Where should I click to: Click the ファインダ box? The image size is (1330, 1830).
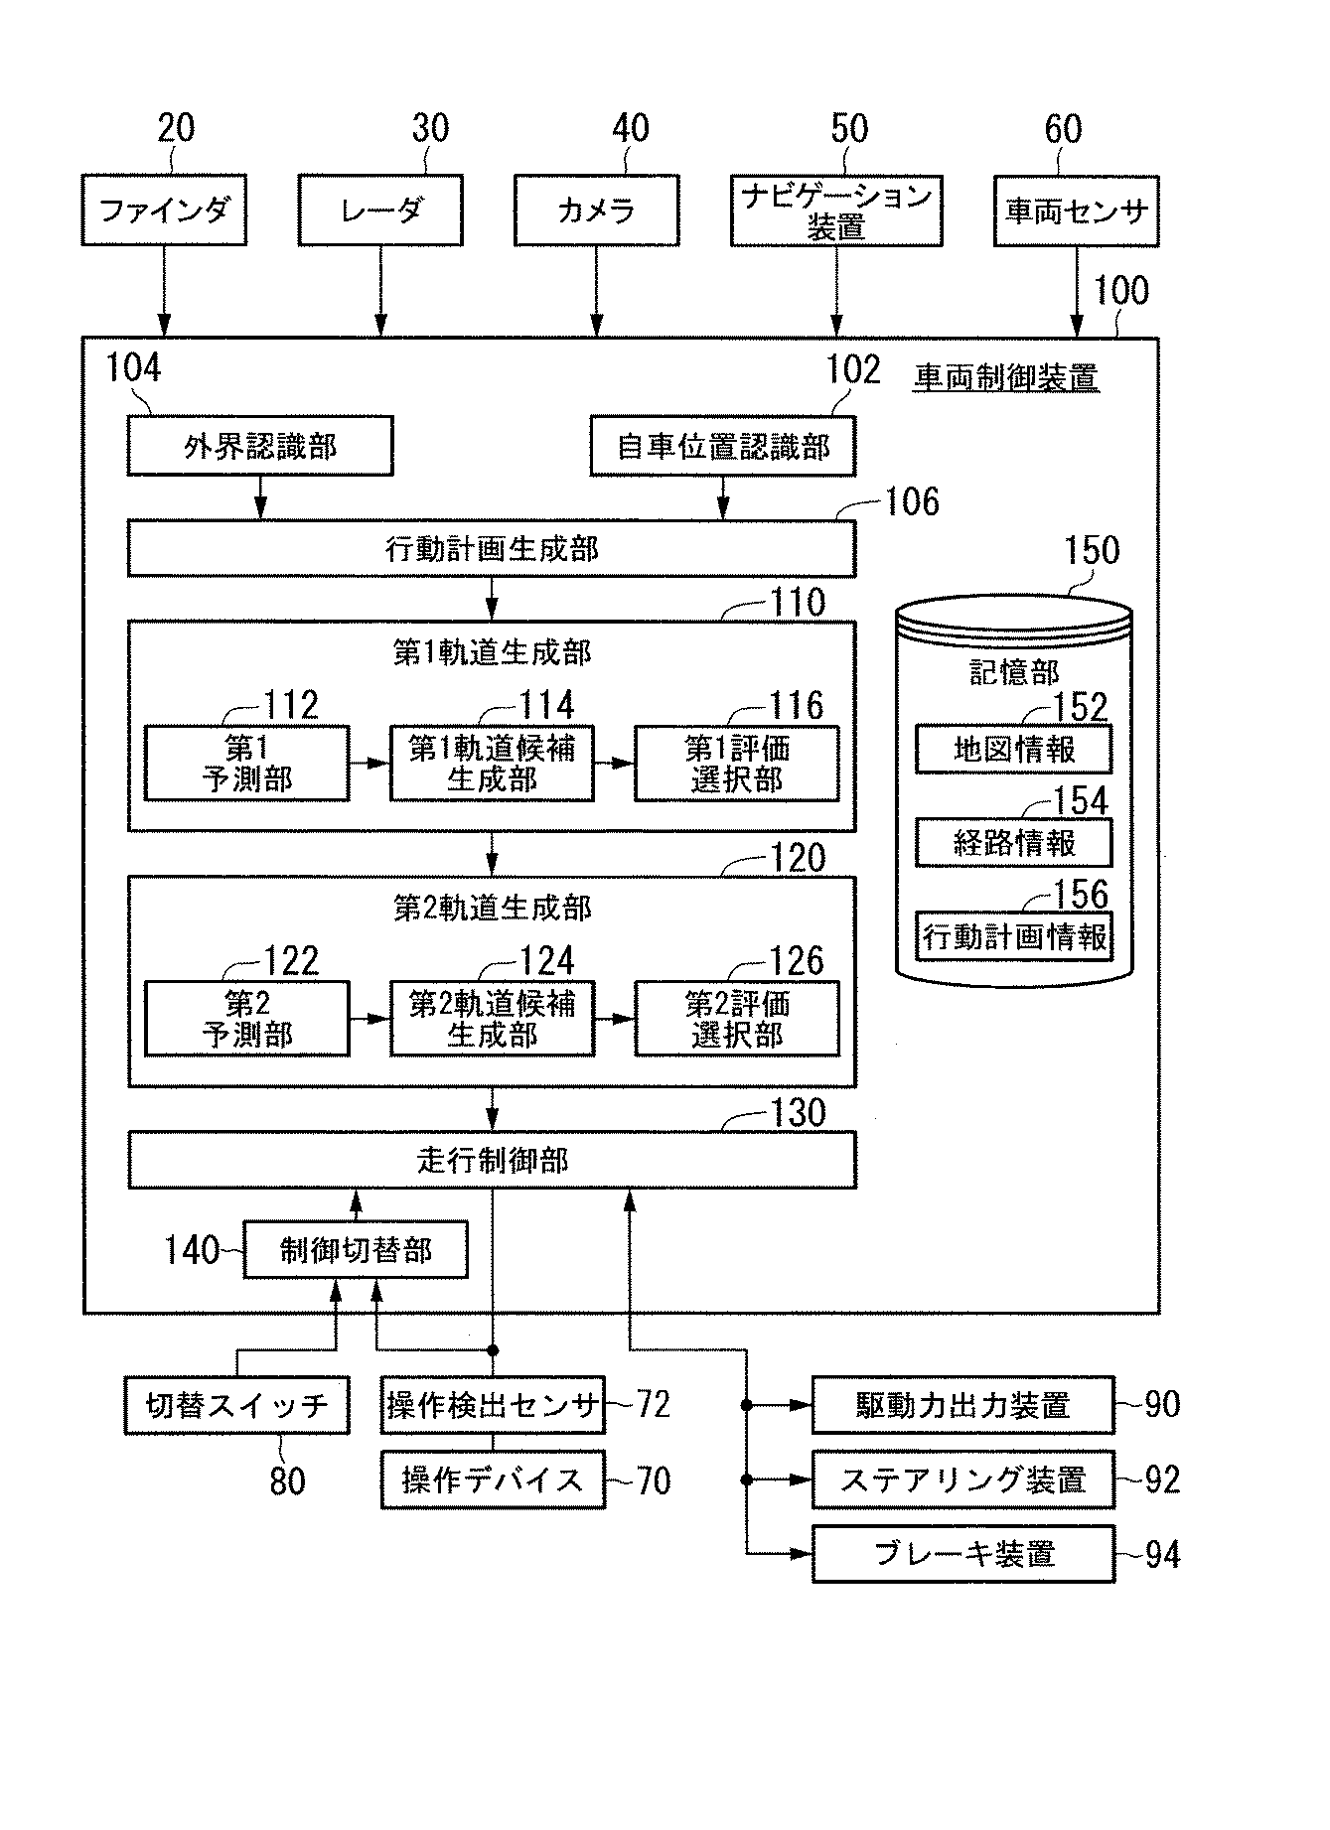click(x=164, y=211)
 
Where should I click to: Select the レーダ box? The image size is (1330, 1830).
click(x=380, y=211)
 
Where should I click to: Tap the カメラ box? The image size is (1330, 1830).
click(x=596, y=211)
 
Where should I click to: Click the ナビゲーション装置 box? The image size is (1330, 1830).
click(x=835, y=211)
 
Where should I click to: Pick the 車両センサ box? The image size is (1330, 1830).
click(x=1076, y=211)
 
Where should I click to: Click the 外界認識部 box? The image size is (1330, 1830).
click(x=260, y=446)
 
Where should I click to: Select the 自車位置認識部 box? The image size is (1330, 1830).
click(x=722, y=446)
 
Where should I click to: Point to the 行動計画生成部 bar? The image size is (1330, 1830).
click(x=491, y=549)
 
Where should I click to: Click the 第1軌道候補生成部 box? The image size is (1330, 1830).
click(x=492, y=764)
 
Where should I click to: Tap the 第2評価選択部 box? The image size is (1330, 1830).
click(x=736, y=1019)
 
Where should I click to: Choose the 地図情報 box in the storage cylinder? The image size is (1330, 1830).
click(x=1013, y=750)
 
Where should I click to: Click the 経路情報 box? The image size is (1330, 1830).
click(x=1013, y=843)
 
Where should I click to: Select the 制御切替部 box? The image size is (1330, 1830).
click(x=356, y=1250)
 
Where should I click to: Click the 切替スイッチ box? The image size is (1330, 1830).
click(x=236, y=1405)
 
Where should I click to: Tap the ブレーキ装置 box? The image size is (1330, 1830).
click(x=962, y=1554)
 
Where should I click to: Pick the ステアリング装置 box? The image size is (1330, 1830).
click(x=962, y=1479)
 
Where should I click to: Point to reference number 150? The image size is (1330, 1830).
click(x=1091, y=551)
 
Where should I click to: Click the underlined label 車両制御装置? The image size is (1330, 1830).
click(x=1005, y=378)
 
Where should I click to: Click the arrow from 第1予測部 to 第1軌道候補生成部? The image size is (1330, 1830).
click(x=369, y=764)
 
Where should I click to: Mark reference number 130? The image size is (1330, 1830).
click(x=798, y=1113)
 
